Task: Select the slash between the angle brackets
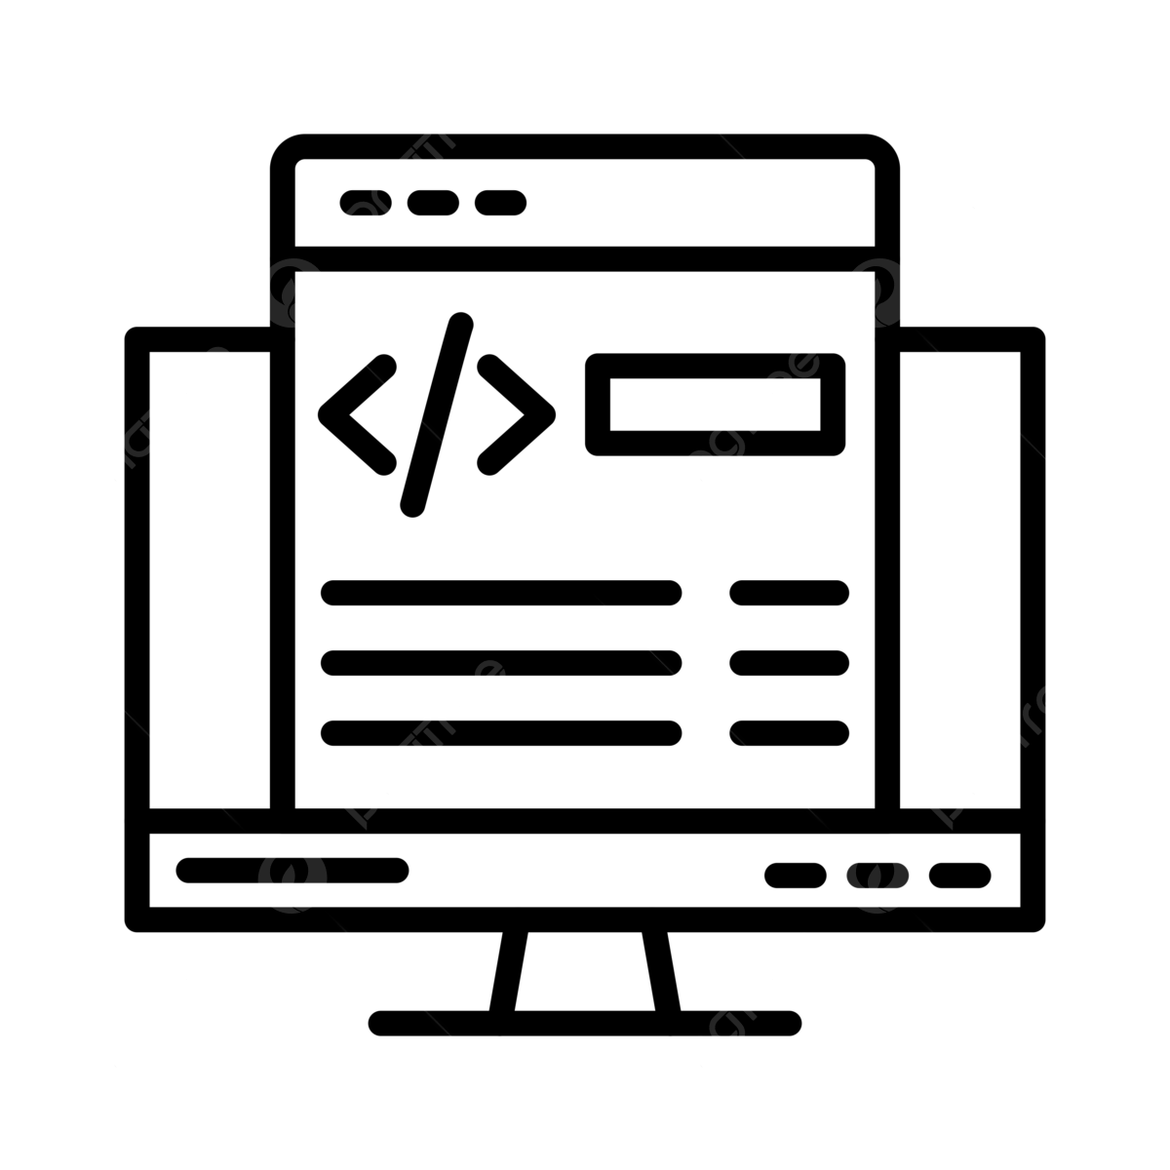437,414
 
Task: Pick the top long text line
500,592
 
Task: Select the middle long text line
500,662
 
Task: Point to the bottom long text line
500,732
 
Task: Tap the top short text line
789,592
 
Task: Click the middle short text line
789,662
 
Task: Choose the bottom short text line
789,732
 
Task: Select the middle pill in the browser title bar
433,203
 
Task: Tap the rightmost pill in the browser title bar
500,203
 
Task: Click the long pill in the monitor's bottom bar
292,870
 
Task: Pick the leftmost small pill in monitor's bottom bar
796,875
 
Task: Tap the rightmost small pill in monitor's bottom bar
959,875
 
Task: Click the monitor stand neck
584,970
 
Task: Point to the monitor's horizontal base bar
585,1023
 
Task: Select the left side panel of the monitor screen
209,579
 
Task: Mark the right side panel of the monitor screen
959,579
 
